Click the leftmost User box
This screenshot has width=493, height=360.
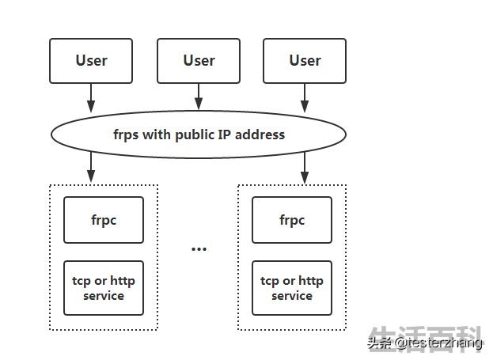coord(91,61)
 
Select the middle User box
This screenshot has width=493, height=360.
coord(199,61)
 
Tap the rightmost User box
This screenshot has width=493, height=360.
coord(305,61)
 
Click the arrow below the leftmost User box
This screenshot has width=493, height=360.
coord(91,98)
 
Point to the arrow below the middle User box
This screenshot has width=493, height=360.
coord(199,97)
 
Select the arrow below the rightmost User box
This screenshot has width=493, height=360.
coord(305,98)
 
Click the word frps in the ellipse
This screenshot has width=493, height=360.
coord(126,135)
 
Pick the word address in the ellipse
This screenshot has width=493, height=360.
coord(260,135)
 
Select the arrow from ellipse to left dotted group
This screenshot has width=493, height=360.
coord(91,167)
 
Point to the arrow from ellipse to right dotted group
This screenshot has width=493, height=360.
coord(305,168)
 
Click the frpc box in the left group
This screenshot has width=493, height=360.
coord(104,220)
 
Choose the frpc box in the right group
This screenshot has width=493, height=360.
coord(292,220)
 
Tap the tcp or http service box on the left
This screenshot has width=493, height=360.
coord(104,288)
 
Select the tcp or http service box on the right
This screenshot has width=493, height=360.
coord(292,288)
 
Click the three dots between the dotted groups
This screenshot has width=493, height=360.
coord(199,249)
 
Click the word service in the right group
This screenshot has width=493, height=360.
coord(292,296)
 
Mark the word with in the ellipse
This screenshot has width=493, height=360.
coord(157,135)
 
